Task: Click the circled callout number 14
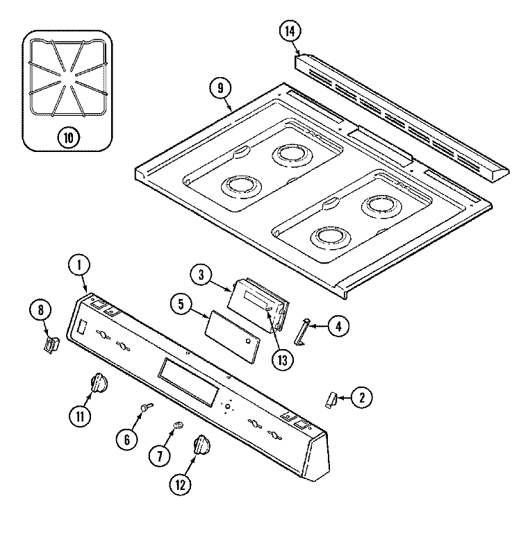point(290,31)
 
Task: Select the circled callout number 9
point(220,89)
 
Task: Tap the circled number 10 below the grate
point(69,137)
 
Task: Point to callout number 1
point(79,265)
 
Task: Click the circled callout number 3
point(201,275)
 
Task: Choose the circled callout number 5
point(181,303)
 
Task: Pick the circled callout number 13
point(282,360)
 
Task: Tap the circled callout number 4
point(338,326)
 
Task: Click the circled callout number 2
point(362,398)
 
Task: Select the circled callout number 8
point(40,310)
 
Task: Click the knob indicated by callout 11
point(98,383)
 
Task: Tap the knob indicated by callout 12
point(201,446)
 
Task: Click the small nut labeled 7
point(179,425)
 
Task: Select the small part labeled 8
point(51,345)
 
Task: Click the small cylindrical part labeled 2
point(331,399)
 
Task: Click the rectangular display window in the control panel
point(188,382)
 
